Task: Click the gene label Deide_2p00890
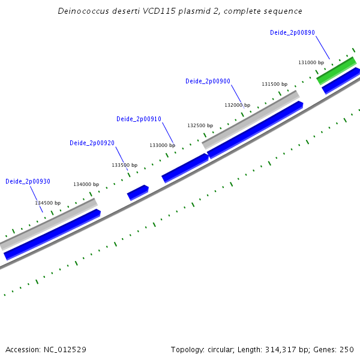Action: click(x=292, y=33)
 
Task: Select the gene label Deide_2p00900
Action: click(x=208, y=81)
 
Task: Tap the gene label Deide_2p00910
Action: click(x=139, y=119)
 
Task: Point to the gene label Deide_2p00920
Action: click(x=92, y=143)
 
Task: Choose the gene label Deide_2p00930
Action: click(x=28, y=181)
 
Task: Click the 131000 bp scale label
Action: click(x=311, y=62)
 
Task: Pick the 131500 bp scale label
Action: click(x=274, y=84)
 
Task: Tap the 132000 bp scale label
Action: click(x=237, y=105)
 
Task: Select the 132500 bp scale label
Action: click(x=200, y=125)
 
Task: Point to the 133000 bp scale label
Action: click(x=162, y=145)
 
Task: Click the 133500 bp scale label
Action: click(x=124, y=165)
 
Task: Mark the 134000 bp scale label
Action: click(x=86, y=184)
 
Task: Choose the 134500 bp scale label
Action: click(x=47, y=203)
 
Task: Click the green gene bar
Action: click(x=337, y=71)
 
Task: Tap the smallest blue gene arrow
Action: click(x=137, y=192)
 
